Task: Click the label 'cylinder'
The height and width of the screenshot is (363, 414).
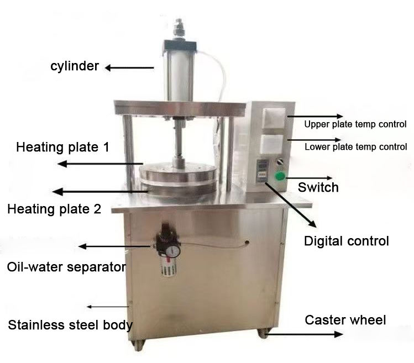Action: [x=74, y=67]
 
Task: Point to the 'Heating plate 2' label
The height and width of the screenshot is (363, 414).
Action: [x=54, y=209]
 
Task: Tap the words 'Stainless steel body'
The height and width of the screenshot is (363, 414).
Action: [x=70, y=324]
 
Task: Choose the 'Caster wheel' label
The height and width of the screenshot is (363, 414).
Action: [x=345, y=320]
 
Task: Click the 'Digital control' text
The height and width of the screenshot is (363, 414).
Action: [x=347, y=241]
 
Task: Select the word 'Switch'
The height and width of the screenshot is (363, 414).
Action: [x=318, y=188]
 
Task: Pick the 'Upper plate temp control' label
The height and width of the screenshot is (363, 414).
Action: [x=355, y=124]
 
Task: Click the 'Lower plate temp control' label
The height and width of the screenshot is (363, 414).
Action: [x=356, y=147]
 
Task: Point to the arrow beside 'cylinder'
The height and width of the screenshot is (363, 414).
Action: [x=130, y=68]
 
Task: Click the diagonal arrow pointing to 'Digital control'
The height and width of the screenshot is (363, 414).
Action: [x=290, y=204]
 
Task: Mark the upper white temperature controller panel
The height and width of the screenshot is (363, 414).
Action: [x=273, y=118]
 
